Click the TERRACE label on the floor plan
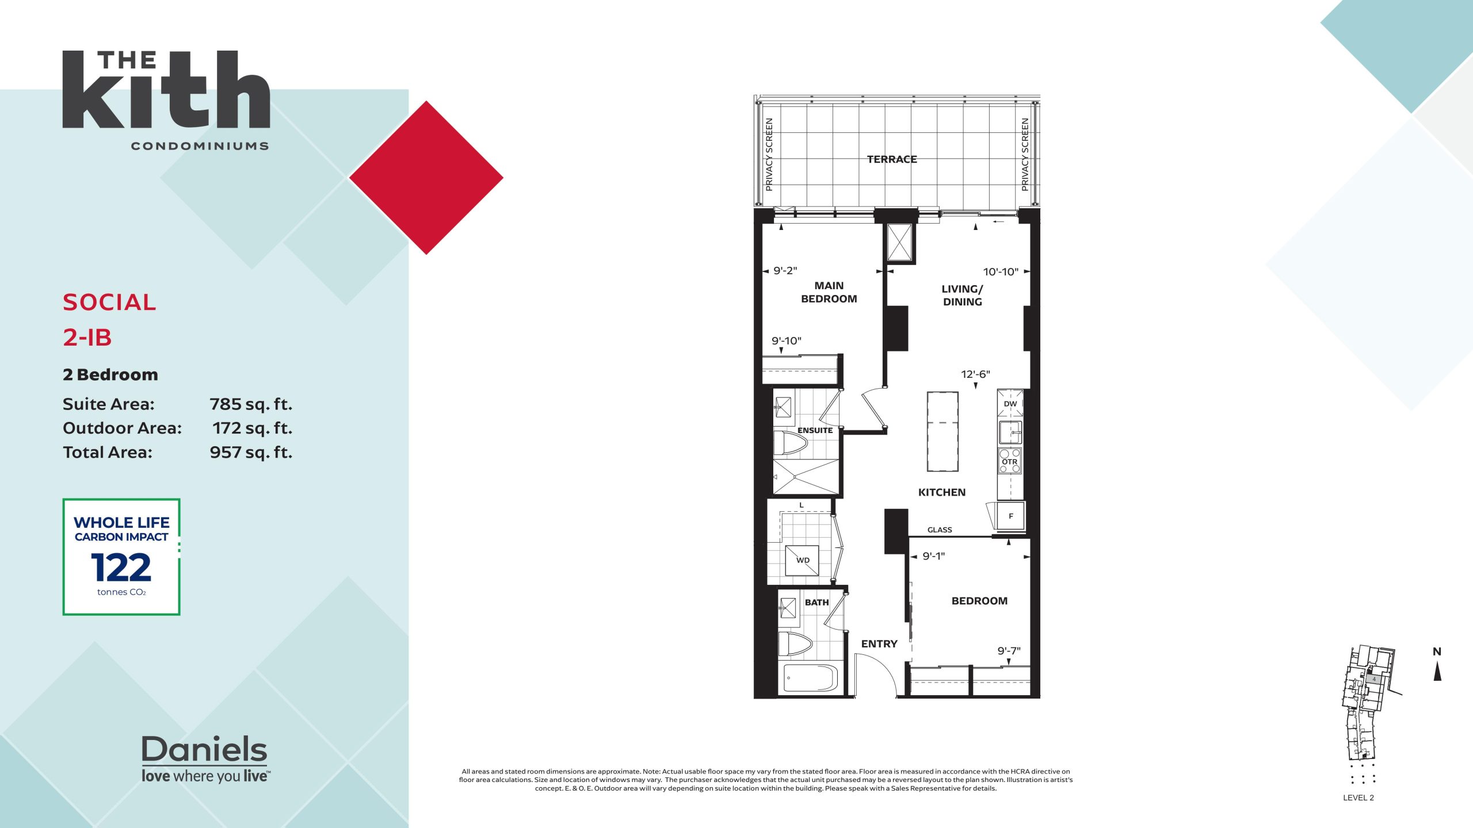pos(892,159)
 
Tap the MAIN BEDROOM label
pos(829,292)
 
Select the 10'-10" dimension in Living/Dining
pos(1001,271)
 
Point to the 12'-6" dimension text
pos(975,374)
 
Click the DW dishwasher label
pos(1010,404)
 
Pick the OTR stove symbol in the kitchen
pos(1010,461)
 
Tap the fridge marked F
pos(1010,516)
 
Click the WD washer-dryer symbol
pos(802,560)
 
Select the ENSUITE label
pos(815,430)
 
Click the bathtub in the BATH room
pos(811,678)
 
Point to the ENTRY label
pos(879,644)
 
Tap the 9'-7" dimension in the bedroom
pos(1009,651)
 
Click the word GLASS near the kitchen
pos(940,530)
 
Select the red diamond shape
pos(426,178)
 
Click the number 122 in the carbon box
pos(121,568)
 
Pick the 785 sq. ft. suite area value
pos(251,404)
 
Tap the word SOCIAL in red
pos(109,302)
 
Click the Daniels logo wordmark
pos(204,749)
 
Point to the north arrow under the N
pos(1437,671)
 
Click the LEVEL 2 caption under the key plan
pos(1358,798)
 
